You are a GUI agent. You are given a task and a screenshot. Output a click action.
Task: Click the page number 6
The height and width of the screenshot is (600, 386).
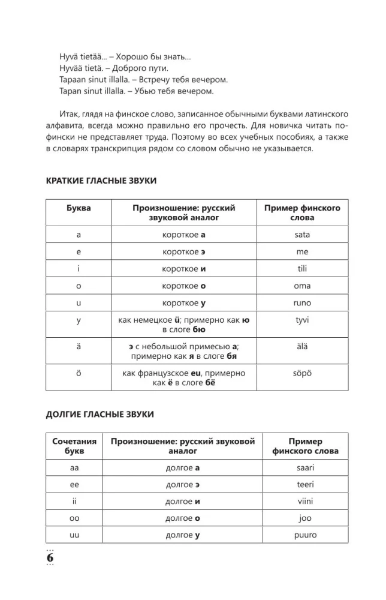click(x=50, y=557)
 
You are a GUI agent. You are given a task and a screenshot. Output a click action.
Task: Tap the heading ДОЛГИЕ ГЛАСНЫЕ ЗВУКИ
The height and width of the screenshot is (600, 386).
click(x=99, y=414)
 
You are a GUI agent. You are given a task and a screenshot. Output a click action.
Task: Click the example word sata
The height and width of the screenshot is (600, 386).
click(x=302, y=235)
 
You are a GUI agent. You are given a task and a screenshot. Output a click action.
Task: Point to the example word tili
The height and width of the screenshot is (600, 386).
click(x=302, y=269)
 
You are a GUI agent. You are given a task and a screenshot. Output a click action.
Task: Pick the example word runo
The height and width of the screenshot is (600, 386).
click(x=302, y=303)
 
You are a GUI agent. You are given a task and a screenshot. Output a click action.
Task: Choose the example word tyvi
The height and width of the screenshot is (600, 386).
click(x=302, y=320)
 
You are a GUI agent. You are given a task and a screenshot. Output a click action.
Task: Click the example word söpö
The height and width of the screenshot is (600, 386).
click(x=302, y=373)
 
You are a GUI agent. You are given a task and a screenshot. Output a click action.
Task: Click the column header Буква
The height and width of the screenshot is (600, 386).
click(x=79, y=208)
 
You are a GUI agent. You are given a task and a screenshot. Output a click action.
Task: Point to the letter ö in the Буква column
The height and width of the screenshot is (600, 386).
click(x=79, y=373)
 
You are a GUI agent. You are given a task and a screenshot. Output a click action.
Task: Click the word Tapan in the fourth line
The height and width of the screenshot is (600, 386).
click(x=72, y=91)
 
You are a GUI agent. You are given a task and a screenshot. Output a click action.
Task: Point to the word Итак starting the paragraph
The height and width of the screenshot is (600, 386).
click(x=72, y=115)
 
